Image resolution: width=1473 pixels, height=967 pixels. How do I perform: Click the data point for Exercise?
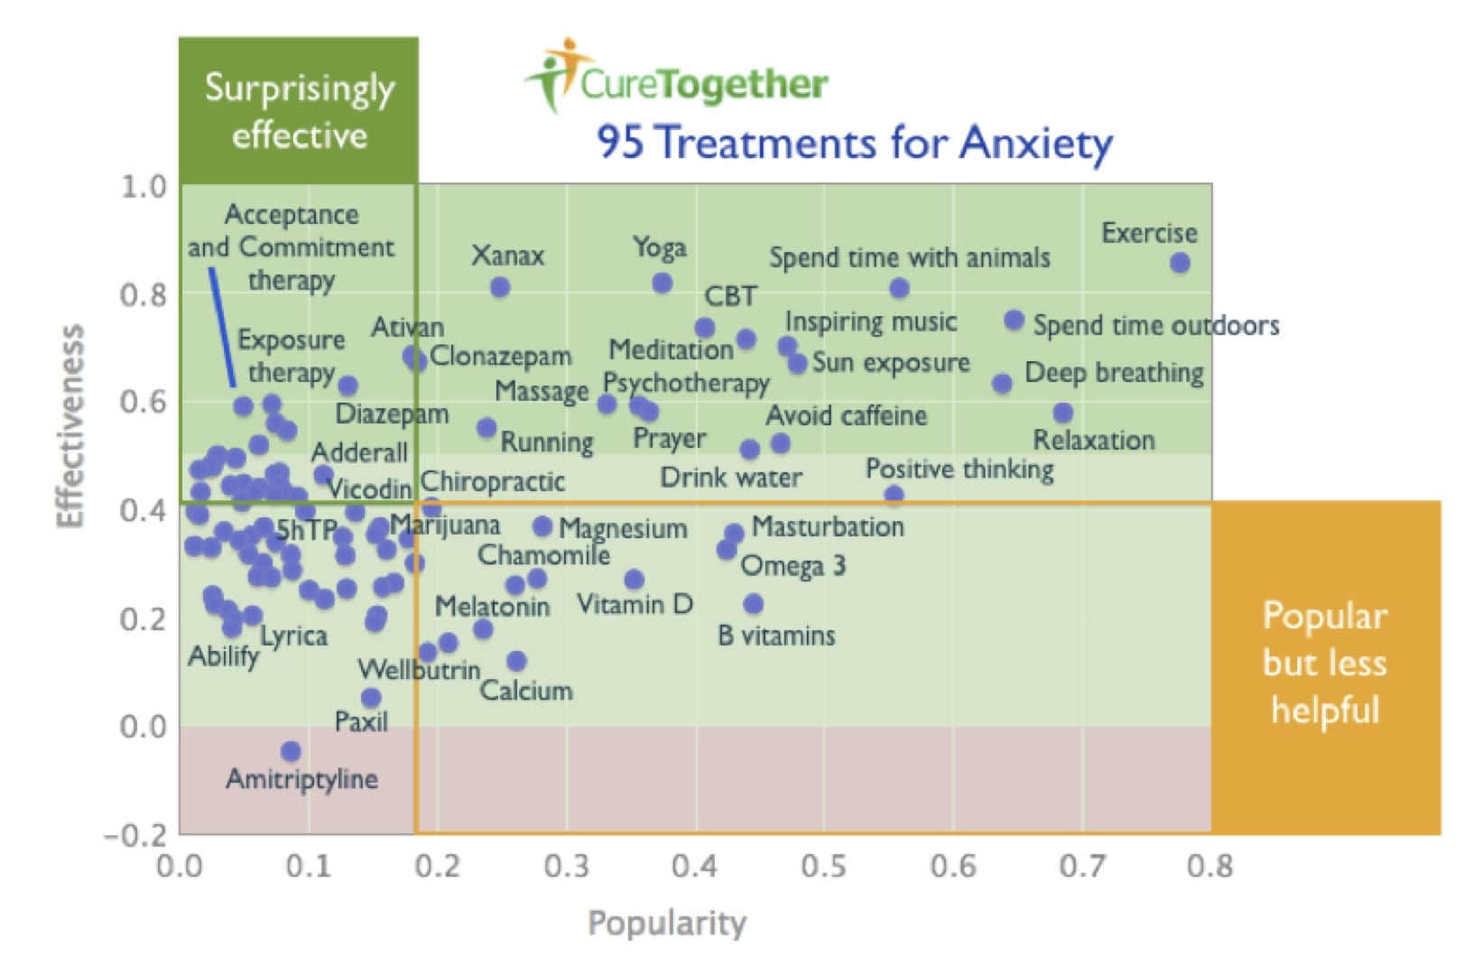(1180, 263)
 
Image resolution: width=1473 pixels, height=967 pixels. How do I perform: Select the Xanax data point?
(500, 287)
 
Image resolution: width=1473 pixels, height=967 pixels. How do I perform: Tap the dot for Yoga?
(662, 283)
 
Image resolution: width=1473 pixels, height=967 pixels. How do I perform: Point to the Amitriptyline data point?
(291, 751)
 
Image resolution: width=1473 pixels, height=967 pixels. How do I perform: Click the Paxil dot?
(371, 698)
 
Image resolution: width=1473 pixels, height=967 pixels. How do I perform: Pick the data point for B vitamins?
(754, 604)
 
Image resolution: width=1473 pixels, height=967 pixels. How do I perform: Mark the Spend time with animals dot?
(899, 288)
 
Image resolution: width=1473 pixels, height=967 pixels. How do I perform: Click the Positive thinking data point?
(894, 495)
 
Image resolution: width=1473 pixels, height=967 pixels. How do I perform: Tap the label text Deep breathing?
(1114, 373)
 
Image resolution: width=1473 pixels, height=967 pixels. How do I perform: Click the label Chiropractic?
(493, 481)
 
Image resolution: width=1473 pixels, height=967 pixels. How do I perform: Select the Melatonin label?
(492, 606)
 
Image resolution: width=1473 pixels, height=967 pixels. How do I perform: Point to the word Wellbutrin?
(419, 670)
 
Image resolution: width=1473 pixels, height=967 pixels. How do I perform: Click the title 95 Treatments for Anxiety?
(854, 143)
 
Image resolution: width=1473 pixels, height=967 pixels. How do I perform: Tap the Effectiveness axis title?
(70, 425)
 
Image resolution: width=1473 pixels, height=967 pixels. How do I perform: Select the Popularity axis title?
(667, 923)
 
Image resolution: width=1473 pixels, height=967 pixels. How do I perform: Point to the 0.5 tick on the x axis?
(824, 866)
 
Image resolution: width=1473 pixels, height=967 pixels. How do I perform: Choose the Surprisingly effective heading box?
(299, 111)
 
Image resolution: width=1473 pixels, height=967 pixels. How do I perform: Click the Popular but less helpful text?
(1324, 663)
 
